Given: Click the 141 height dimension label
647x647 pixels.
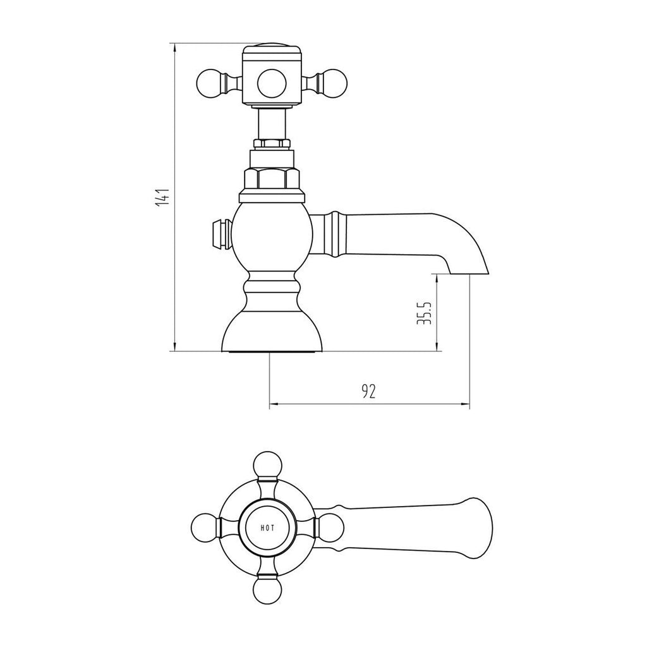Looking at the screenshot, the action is coord(164,197).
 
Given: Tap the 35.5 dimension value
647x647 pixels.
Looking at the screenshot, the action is coord(425,313).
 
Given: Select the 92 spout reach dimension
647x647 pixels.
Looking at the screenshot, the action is coord(369,391).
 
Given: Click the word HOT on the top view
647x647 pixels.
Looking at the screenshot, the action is coord(267,528).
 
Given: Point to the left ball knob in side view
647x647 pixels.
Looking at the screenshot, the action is coord(210,83).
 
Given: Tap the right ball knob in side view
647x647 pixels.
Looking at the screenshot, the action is coord(333,83).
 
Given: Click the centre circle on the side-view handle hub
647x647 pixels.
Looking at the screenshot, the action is coord(272,83).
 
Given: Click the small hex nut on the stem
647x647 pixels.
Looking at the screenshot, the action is coord(272,145).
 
